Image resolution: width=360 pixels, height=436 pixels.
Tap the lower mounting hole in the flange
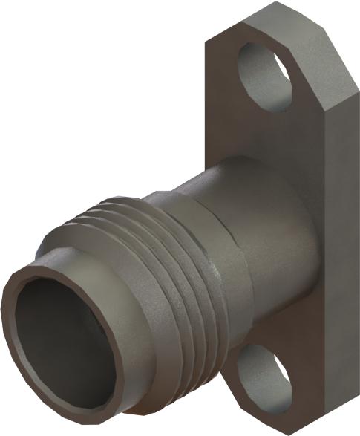(266, 379)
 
